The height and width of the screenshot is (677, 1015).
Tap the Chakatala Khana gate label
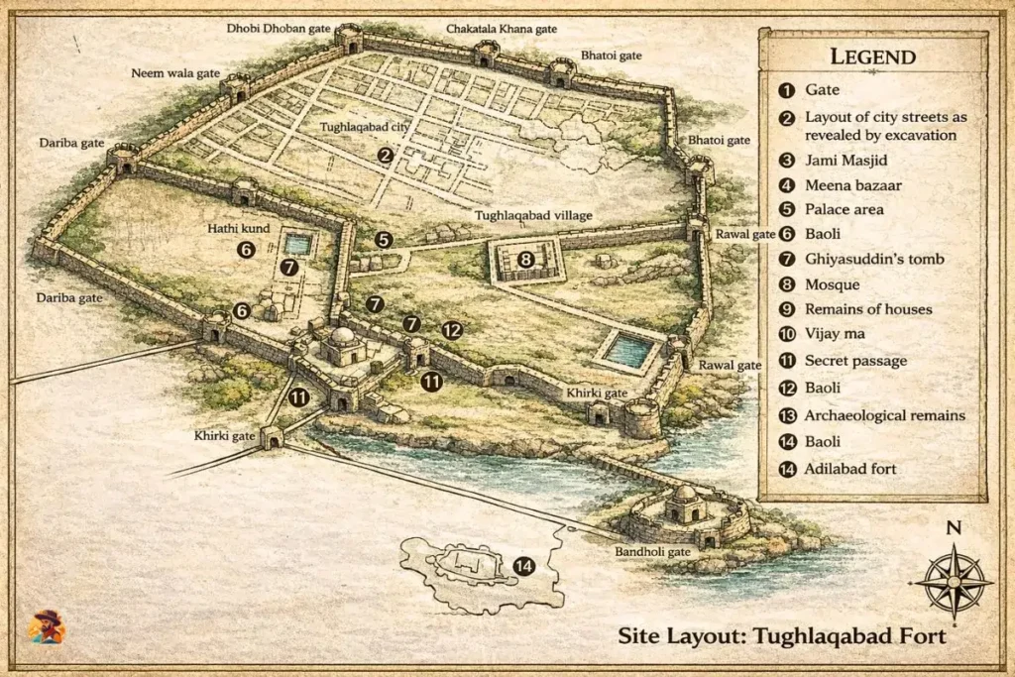coord(502,29)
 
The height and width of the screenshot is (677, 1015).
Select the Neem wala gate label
coord(175,73)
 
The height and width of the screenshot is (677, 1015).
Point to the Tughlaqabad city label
coord(364,128)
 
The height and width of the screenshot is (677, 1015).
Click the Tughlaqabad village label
coord(530,214)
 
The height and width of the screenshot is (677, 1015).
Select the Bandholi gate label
coord(651,551)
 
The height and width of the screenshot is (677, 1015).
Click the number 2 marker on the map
coord(386,154)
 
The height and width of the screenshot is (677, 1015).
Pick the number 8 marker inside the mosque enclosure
coord(526,260)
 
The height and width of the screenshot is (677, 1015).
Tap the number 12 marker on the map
coord(452,330)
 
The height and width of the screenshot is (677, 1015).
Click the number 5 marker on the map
coord(384,239)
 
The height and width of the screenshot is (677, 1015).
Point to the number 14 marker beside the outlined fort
coord(523,566)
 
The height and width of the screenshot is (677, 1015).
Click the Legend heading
coord(872,56)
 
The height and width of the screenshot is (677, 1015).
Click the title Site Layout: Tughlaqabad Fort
coord(781,635)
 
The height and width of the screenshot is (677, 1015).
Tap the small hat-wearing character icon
coord(47,626)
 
